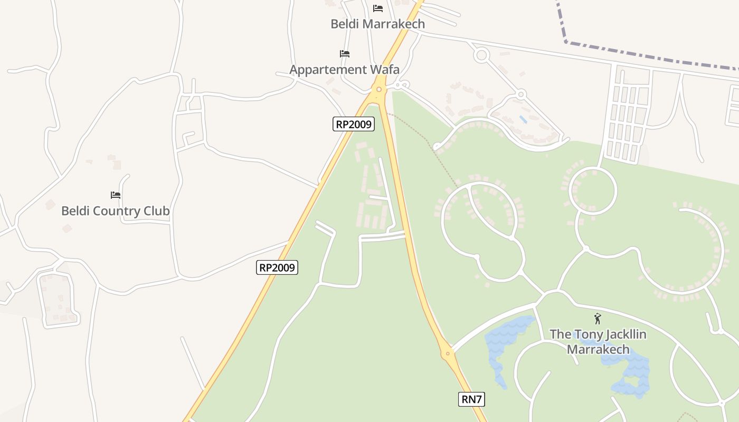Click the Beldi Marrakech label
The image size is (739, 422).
(377, 24)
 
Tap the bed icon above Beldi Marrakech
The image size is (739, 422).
(377, 8)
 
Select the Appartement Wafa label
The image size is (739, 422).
(344, 69)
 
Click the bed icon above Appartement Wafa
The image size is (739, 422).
(345, 53)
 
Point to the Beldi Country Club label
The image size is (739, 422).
(115, 211)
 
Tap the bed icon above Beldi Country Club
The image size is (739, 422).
(116, 195)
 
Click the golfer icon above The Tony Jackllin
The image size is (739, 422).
(598, 319)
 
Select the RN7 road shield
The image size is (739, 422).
(471, 399)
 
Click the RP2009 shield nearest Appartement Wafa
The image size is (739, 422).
(354, 124)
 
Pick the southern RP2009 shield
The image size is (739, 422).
(278, 267)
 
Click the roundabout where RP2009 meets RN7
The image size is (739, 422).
(378, 90)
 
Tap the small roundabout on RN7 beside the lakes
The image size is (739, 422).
(448, 353)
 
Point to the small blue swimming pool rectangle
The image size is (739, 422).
(523, 119)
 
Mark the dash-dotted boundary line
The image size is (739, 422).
(649, 55)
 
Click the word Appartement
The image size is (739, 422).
(328, 69)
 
